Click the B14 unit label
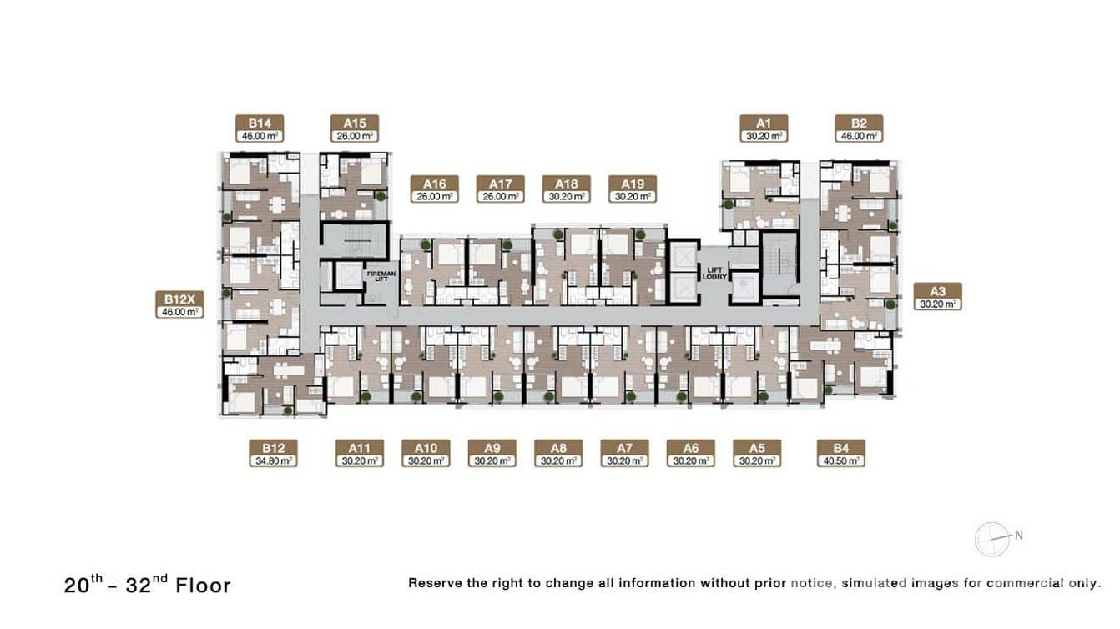[260, 128]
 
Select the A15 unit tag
[355, 128]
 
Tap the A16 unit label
[435, 189]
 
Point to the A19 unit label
[633, 189]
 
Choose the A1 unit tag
[764, 128]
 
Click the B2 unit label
[859, 128]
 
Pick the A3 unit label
[938, 297]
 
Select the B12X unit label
[179, 304]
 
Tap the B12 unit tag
[274, 454]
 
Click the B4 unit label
[841, 454]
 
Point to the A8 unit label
[558, 454]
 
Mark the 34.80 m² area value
[274, 460]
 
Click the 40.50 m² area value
[841, 460]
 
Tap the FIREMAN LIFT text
[381, 276]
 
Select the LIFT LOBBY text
[714, 274]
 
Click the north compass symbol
[992, 540]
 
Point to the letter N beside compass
[1018, 536]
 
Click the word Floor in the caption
[204, 586]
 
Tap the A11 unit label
[360, 454]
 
